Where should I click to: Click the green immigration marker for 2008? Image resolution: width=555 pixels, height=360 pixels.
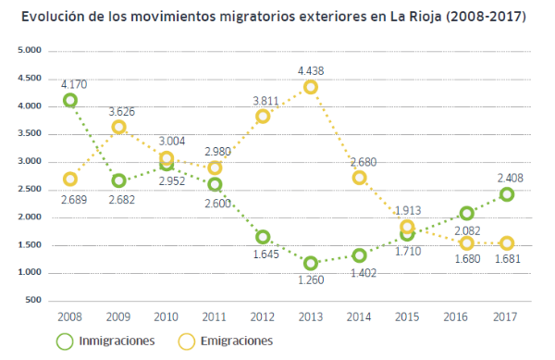(70, 101)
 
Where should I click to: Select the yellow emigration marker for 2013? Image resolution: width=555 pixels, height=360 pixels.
(311, 87)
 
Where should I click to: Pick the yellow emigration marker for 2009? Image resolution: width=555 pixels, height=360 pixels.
(118, 128)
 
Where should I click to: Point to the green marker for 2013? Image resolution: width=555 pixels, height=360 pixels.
(311, 264)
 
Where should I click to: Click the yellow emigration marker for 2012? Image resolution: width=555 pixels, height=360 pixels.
(263, 117)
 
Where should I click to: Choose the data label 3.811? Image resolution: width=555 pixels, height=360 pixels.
(263, 99)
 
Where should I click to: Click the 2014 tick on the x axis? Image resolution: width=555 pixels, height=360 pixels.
(359, 317)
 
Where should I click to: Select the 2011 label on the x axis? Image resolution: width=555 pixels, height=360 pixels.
(215, 317)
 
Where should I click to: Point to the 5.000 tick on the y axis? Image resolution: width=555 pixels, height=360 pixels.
(31, 51)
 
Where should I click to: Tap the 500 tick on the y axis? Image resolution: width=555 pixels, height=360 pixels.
(34, 301)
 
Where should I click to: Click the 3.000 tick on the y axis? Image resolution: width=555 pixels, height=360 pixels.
(31, 162)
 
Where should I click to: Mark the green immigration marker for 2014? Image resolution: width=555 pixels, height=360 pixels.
(359, 255)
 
